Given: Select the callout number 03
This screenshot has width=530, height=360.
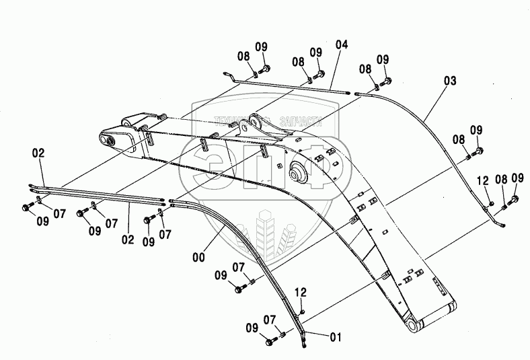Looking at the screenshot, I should (x=449, y=81).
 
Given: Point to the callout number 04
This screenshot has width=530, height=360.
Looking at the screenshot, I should (x=342, y=45).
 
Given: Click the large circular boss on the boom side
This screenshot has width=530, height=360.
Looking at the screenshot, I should (x=296, y=173).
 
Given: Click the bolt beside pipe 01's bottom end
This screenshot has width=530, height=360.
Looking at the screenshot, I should (x=270, y=343).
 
